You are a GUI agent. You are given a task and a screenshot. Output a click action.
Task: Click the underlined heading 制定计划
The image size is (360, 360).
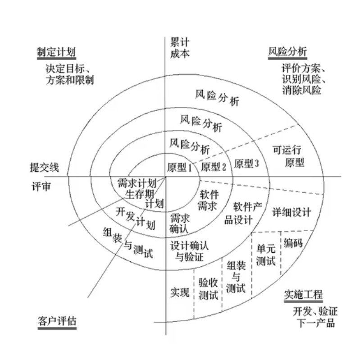click(x=56, y=52)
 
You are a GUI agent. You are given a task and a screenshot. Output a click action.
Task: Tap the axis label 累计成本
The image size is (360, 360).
click(x=180, y=47)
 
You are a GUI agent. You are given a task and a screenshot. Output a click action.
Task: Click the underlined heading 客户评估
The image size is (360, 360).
click(x=57, y=321)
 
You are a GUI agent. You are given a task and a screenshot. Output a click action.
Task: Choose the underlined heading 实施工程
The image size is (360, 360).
click(x=303, y=295)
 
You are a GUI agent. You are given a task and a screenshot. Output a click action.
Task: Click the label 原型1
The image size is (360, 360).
click(x=179, y=167)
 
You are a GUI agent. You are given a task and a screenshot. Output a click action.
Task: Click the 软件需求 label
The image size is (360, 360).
click(x=208, y=201)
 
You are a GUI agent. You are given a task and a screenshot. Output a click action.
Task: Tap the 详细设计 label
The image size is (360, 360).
click(x=292, y=213)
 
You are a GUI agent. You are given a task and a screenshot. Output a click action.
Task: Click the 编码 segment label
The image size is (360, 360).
click(x=293, y=243)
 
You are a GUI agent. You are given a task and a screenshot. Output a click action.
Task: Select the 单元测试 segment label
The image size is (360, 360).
click(x=266, y=255)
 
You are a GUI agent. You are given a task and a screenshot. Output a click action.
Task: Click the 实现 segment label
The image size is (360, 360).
click(x=180, y=292)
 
